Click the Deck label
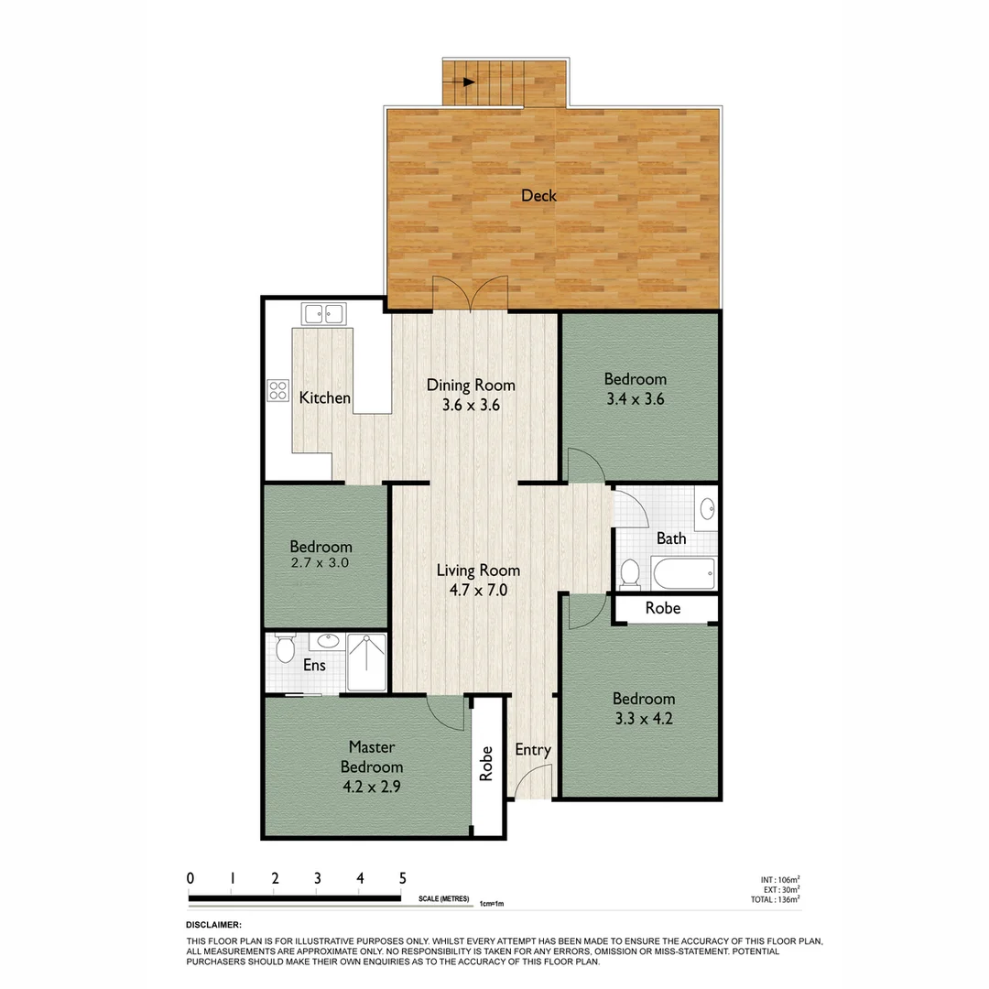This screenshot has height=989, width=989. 538,195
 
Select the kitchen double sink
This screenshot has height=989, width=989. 323,315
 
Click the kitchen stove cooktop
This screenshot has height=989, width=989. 277,391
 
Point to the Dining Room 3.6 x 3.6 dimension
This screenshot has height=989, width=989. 471,405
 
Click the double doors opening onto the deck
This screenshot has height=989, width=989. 470,293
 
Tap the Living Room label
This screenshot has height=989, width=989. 471,571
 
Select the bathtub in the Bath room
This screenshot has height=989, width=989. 682,574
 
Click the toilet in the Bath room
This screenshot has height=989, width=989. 630,573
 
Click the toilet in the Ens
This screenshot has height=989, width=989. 285,648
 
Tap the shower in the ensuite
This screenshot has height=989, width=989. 366,662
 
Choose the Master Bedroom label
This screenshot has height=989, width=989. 372,757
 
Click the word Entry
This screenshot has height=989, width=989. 533,750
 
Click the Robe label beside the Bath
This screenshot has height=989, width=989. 663,608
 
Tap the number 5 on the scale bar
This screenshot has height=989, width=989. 402,877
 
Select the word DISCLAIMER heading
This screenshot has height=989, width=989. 213,925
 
